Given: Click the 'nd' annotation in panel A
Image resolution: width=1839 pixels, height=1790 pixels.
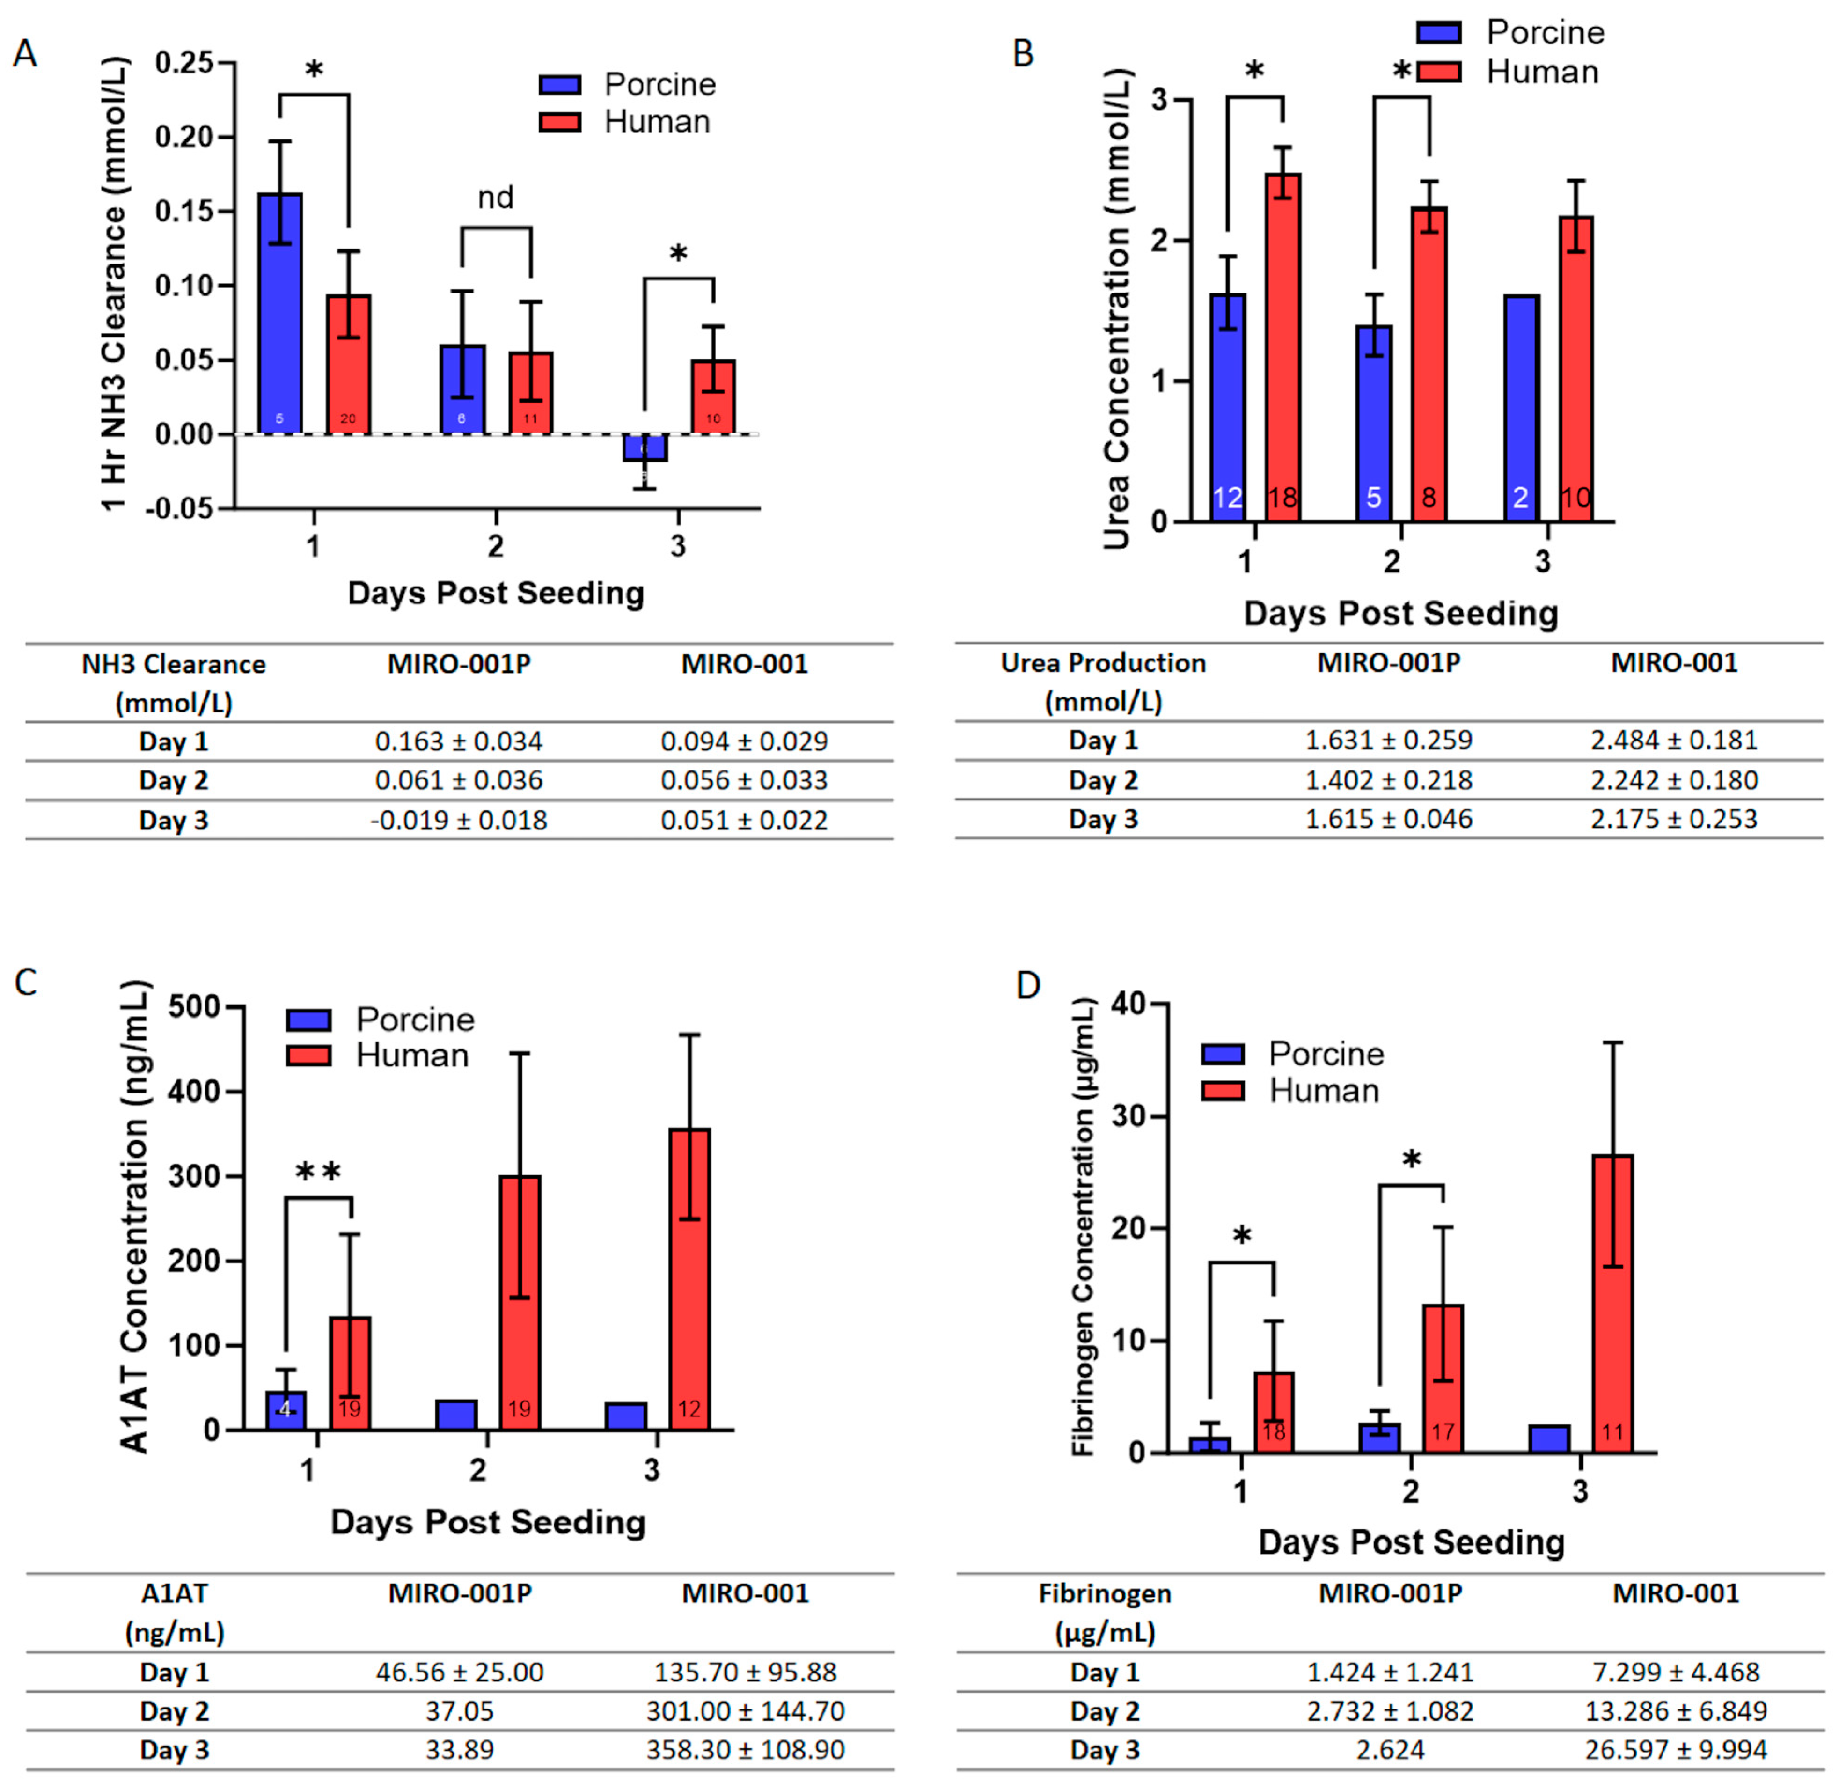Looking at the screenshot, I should pos(496,198).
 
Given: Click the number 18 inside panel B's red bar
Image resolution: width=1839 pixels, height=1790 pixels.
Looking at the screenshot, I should pos(1282,497).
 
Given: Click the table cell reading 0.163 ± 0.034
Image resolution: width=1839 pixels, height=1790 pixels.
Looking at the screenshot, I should pos(459,742).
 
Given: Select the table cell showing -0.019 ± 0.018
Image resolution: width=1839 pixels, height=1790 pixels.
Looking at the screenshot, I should pos(459,821).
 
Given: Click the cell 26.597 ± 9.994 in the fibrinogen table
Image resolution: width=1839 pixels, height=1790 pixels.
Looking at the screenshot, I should pos(1675,1750).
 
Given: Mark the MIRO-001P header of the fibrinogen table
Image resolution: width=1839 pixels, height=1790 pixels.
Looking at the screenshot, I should pos(1390,1593).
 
